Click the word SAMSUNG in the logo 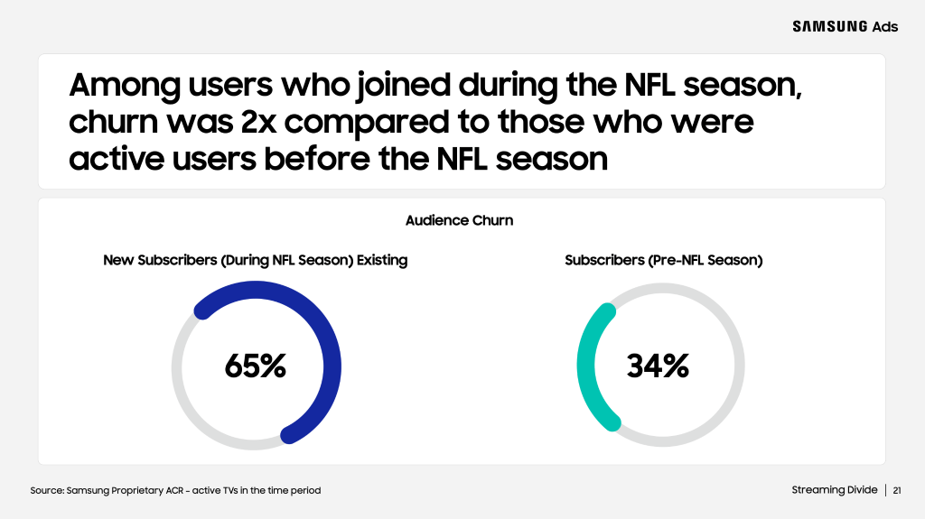(x=829, y=26)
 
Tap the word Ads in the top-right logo (x=885, y=26)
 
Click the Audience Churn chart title (x=460, y=220)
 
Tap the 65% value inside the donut (x=256, y=366)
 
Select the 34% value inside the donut (x=658, y=366)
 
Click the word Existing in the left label (x=382, y=260)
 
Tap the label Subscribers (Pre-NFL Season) (x=664, y=260)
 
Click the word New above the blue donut (x=118, y=260)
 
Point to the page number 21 (x=897, y=490)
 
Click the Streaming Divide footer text (x=834, y=490)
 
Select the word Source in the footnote (x=46, y=490)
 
